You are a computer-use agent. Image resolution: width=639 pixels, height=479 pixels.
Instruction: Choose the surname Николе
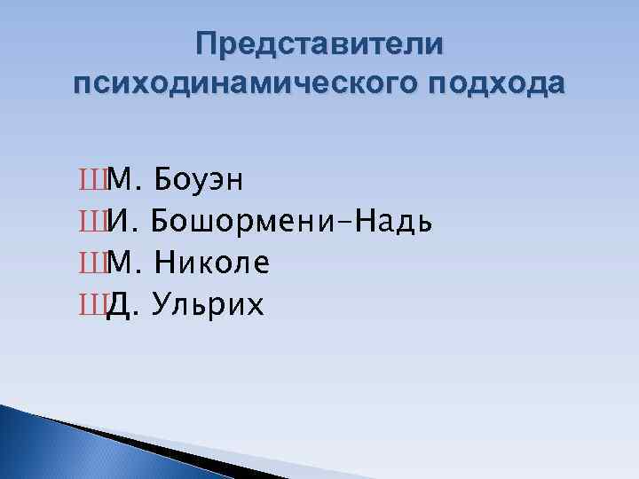[211, 263]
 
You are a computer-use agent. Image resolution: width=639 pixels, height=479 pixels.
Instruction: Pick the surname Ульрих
[208, 304]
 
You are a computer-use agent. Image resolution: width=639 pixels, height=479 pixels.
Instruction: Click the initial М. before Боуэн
[123, 181]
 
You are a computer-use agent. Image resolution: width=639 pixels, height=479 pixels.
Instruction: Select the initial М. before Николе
[123, 263]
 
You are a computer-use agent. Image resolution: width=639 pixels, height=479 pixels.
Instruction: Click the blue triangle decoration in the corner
[35, 444]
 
